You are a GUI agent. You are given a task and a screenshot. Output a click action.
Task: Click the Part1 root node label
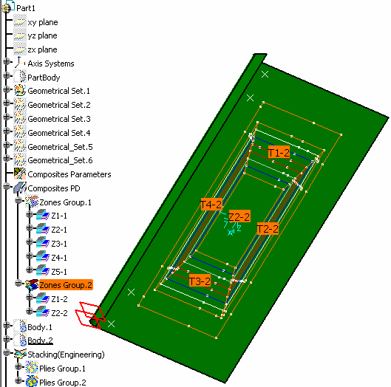pyautogui.click(x=26, y=8)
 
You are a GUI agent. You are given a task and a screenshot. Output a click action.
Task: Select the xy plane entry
pyautogui.click(x=43, y=22)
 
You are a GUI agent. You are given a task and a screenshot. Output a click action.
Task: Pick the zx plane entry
pyautogui.click(x=42, y=49)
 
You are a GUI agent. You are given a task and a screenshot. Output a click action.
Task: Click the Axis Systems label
pyautogui.click(x=51, y=64)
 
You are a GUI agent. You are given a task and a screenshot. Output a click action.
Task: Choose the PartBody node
pyautogui.click(x=44, y=78)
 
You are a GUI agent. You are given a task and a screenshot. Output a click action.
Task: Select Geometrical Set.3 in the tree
pyautogui.click(x=59, y=119)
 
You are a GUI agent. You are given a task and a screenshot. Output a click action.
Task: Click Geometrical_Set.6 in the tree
pyautogui.click(x=60, y=160)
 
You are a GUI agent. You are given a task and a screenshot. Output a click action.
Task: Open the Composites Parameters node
pyautogui.click(x=69, y=174)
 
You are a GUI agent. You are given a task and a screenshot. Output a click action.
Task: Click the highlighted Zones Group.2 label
pyautogui.click(x=66, y=285)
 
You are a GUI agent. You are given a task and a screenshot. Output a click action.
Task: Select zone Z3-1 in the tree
pyautogui.click(x=59, y=244)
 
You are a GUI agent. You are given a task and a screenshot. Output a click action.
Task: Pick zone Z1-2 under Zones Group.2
pyautogui.click(x=59, y=299)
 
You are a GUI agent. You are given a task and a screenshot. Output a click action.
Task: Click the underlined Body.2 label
pyautogui.click(x=40, y=340)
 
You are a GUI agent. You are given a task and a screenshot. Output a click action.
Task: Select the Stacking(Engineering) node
pyautogui.click(x=66, y=355)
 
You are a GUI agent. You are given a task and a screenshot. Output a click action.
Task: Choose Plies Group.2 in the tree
pyautogui.click(x=63, y=382)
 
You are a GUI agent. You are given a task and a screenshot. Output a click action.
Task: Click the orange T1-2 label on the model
pyautogui.click(x=279, y=152)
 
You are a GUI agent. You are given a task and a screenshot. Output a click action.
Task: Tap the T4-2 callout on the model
pyautogui.click(x=211, y=205)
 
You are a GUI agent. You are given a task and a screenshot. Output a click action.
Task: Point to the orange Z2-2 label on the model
pyautogui.click(x=239, y=216)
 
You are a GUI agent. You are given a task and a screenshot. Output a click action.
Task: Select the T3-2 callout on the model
pyautogui.click(x=200, y=281)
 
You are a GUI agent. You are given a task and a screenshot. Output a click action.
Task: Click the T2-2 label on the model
pyautogui.click(x=268, y=229)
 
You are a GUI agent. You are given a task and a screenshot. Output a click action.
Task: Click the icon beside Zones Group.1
pyautogui.click(x=32, y=202)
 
